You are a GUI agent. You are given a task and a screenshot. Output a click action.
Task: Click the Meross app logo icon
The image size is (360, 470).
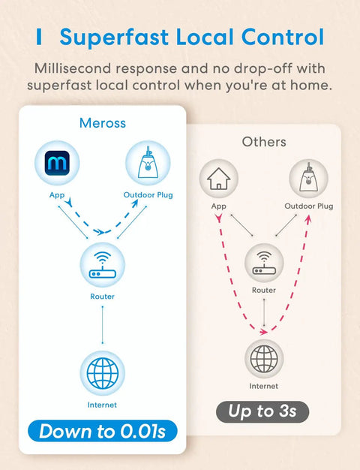click(x=57, y=163)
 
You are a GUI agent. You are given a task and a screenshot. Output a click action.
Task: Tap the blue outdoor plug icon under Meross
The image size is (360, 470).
click(x=148, y=163)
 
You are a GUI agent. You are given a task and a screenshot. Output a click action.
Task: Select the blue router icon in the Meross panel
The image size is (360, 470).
click(x=103, y=265)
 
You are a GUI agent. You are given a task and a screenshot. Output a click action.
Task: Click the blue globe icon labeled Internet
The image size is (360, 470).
click(x=103, y=373)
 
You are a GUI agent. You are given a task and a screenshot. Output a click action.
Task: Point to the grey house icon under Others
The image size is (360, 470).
click(x=219, y=179)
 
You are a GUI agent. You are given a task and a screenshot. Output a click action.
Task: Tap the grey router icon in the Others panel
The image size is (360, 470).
click(x=264, y=263)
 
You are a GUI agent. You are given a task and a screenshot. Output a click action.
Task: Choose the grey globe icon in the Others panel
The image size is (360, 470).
click(x=264, y=359)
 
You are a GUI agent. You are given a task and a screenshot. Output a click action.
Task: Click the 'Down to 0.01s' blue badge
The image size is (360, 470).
click(x=103, y=431)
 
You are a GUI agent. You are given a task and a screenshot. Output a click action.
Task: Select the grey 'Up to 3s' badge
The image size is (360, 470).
click(x=262, y=411)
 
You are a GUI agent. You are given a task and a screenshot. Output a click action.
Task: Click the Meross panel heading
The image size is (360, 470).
click(x=103, y=123)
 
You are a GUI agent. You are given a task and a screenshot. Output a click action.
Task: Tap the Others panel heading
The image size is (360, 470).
click(x=264, y=142)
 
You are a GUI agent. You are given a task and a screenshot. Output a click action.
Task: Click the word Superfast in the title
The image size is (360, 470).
click(x=114, y=38)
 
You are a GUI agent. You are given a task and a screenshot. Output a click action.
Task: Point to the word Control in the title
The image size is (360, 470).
click(x=283, y=37)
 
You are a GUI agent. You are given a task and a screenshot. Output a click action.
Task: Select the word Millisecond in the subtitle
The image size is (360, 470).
click(x=73, y=68)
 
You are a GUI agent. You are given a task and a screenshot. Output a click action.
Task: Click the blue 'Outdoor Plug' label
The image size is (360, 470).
click(x=148, y=195)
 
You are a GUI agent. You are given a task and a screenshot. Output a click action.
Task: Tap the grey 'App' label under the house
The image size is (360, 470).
click(x=219, y=206)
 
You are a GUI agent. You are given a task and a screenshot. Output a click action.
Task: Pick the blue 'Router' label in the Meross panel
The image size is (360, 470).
click(x=103, y=297)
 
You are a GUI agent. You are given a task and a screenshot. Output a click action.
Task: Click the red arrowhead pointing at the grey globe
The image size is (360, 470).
click(x=263, y=332)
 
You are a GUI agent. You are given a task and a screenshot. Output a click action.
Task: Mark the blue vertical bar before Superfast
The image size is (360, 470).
click(x=39, y=37)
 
